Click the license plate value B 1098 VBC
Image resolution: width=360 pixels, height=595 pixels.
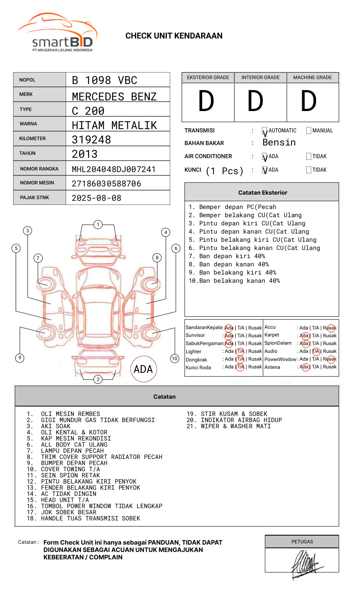pyautogui.click(x=105, y=80)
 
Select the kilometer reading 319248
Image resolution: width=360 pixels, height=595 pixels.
pyautogui.click(x=91, y=140)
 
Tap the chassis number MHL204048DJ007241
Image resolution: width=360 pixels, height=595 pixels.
pyautogui.click(x=114, y=169)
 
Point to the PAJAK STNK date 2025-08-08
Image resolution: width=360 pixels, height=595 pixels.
pyautogui.click(x=96, y=198)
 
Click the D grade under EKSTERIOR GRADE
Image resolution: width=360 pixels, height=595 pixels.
pyautogui.click(x=206, y=101)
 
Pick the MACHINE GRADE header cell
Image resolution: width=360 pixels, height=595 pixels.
pyautogui.click(x=312, y=77)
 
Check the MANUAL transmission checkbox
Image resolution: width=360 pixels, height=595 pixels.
pyautogui.click(x=309, y=131)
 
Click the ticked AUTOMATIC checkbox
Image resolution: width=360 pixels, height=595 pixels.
pyautogui.click(x=265, y=131)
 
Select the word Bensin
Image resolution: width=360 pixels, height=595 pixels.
pyautogui.click(x=279, y=143)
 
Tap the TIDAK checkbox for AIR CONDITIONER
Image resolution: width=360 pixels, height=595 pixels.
pyautogui.click(x=309, y=157)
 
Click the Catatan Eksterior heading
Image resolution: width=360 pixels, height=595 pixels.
pyautogui.click(x=262, y=193)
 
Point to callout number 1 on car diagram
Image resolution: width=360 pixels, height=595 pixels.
pyautogui.click(x=98, y=225)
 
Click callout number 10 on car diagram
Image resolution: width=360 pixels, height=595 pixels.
pyautogui.click(x=175, y=359)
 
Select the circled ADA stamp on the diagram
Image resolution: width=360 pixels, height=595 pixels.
pyautogui.click(x=143, y=369)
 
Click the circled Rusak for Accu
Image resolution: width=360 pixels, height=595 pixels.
pyautogui.click(x=330, y=328)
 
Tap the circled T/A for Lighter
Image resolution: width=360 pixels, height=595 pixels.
pyautogui.click(x=240, y=351)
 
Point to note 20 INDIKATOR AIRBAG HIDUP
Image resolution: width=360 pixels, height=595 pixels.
pyautogui.click(x=234, y=420)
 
